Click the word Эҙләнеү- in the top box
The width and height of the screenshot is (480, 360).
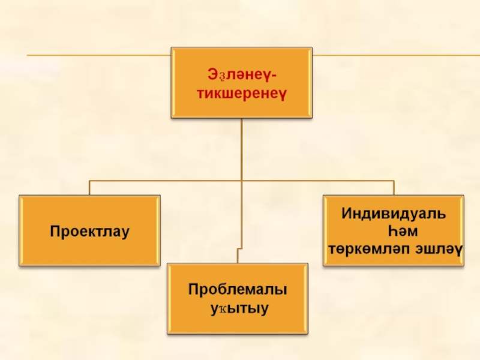pyautogui.click(x=241, y=76)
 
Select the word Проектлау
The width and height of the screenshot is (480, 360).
pyautogui.click(x=89, y=231)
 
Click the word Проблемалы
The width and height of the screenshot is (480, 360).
pyautogui.click(x=238, y=290)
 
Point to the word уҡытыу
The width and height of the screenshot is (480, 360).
pyautogui.click(x=238, y=309)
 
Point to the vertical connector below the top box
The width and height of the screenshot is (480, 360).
pyautogui.click(x=242, y=150)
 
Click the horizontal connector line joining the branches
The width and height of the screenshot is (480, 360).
pyautogui.click(x=168, y=180)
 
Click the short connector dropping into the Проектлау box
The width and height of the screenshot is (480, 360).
pyautogui.click(x=89, y=187)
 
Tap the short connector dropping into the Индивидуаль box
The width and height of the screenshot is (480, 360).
pyautogui.click(x=394, y=187)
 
